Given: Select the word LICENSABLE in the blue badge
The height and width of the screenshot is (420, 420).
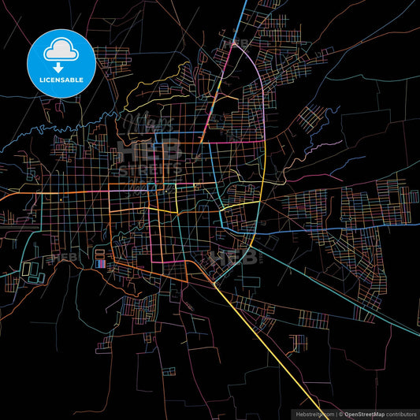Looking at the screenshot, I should pyautogui.click(x=62, y=80).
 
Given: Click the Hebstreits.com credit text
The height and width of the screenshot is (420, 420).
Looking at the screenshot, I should pyautogui.click(x=314, y=413).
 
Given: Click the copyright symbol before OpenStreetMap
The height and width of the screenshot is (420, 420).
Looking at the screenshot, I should pyautogui.click(x=340, y=413).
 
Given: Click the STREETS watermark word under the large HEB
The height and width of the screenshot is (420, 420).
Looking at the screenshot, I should pyautogui.click(x=150, y=170).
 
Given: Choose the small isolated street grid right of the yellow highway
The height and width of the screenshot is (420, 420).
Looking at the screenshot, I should pyautogui.click(x=297, y=343).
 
